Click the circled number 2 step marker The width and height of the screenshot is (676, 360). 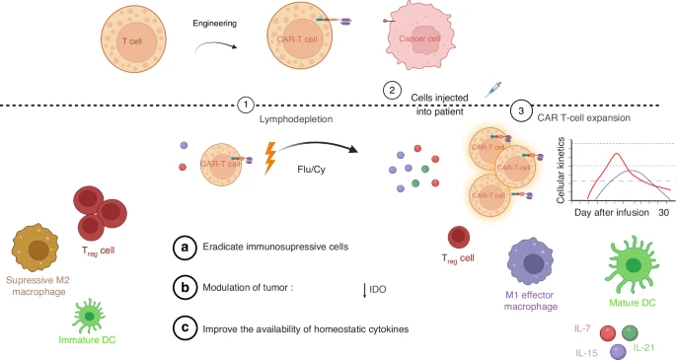[x=393, y=90]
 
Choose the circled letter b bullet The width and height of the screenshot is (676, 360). [x=182, y=289]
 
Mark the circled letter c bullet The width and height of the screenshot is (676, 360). [x=182, y=329]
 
